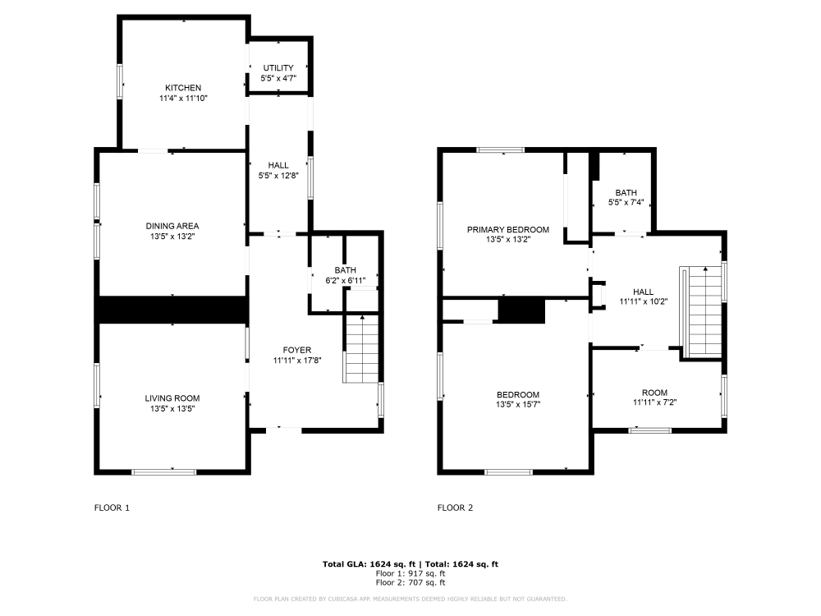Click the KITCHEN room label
tap(182, 88)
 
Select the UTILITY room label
tap(277, 68)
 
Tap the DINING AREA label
tap(172, 226)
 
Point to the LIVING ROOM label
tap(172, 398)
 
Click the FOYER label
tap(296, 350)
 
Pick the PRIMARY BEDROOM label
tap(508, 230)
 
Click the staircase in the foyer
tap(361, 348)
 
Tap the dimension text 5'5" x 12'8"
tap(277, 175)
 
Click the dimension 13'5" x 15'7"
tap(517, 404)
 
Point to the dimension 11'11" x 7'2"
tap(654, 402)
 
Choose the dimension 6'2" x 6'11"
tap(345, 280)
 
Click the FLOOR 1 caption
tap(112, 508)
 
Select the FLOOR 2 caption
tap(455, 508)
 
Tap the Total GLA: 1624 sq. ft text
tap(369, 564)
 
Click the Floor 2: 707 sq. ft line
tap(410, 582)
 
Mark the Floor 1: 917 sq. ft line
tap(410, 573)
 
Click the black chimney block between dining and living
tap(172, 310)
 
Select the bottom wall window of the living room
tap(164, 471)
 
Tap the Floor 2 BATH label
tap(622, 193)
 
